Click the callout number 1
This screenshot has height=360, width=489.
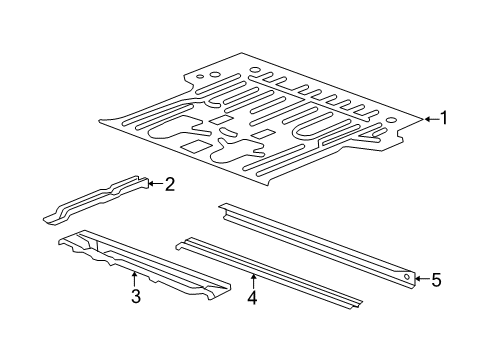tap(443, 119)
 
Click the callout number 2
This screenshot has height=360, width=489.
tap(170, 183)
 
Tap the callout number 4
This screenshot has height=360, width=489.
tap(253, 297)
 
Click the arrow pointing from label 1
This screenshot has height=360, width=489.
tap(429, 119)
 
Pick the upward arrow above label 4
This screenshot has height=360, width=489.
tap(253, 278)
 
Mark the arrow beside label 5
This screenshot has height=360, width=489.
tap(420, 280)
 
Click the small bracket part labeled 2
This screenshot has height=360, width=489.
tap(95, 199)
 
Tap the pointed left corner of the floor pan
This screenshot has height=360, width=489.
tap(102, 121)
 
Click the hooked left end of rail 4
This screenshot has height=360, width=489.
tap(181, 241)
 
